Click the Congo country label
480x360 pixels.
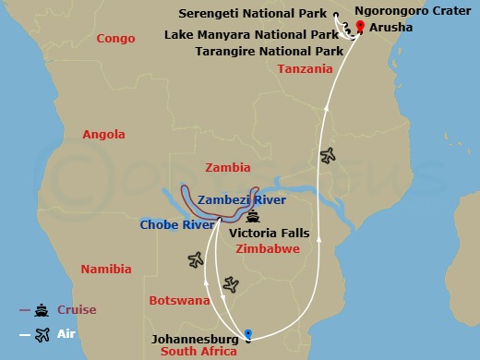click(x=115, y=39)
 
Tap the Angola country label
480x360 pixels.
click(x=103, y=135)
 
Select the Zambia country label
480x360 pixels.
click(x=229, y=168)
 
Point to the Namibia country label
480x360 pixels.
click(x=106, y=270)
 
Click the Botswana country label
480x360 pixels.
click(x=179, y=301)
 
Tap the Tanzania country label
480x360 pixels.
click(x=305, y=69)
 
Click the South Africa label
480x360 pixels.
click(x=199, y=352)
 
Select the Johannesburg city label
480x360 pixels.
click(x=198, y=339)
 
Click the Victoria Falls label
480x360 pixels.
click(x=270, y=234)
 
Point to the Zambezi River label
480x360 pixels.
click(x=242, y=200)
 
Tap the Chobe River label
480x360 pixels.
click(x=171, y=224)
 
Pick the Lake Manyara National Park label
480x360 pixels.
click(x=251, y=34)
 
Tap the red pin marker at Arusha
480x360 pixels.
click(x=359, y=26)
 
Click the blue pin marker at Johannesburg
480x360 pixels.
click(x=248, y=333)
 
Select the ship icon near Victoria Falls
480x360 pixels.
click(x=253, y=217)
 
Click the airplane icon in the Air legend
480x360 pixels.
click(x=42, y=335)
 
